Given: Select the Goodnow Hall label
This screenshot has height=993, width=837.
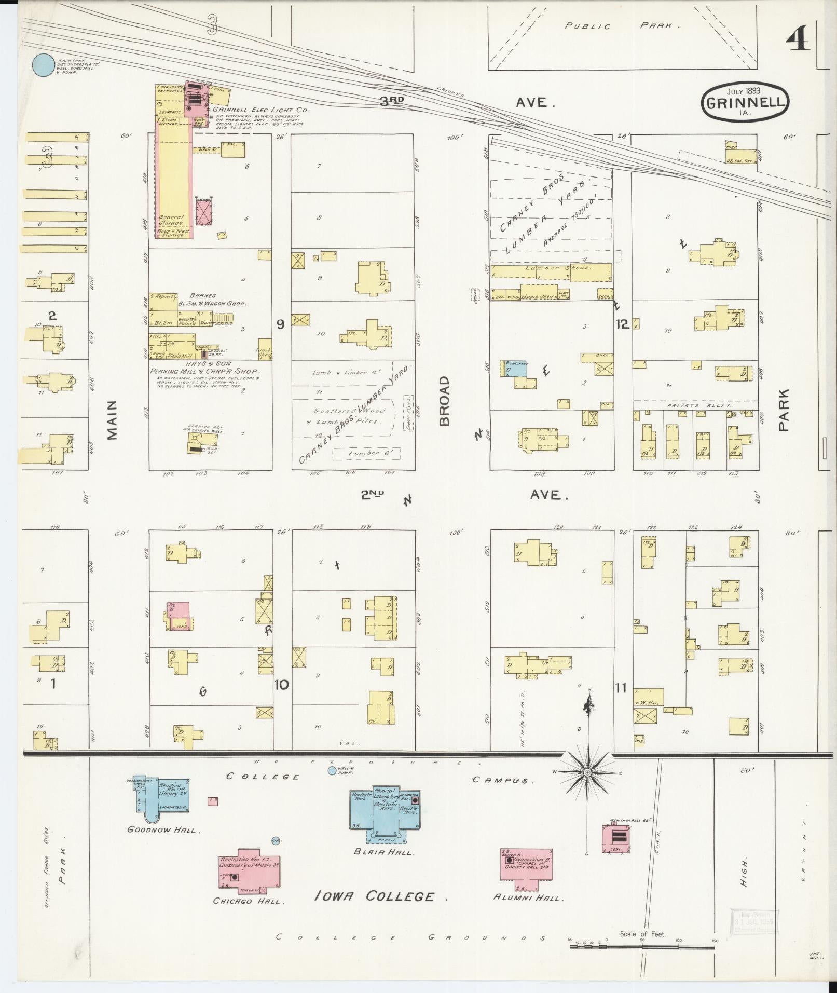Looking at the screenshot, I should pos(162,830).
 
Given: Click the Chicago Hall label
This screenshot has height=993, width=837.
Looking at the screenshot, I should pos(249,901).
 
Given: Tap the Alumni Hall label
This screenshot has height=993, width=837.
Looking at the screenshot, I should pos(528,897).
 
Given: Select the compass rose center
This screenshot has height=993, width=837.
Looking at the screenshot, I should pos(588,772).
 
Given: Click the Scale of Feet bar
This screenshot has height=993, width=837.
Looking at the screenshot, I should pos(642,946).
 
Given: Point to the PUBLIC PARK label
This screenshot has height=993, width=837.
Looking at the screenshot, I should pos(622,25).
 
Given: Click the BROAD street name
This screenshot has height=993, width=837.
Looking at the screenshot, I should pos(445,401).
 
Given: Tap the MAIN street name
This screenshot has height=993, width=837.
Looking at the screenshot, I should pos(113,419).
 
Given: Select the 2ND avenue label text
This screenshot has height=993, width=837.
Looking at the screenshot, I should pos(373,495).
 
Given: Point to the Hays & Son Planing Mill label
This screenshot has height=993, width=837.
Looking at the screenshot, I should pos(204,372).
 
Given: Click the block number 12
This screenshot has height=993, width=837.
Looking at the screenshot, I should pos(622,324).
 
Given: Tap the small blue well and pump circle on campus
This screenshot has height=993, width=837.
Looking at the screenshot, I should pos(332,771).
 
